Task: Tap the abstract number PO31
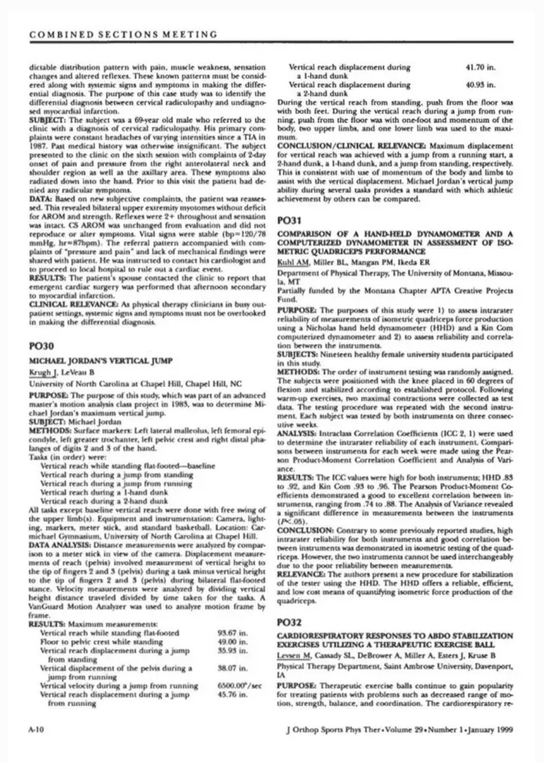(288, 221)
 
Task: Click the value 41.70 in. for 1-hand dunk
(480, 67)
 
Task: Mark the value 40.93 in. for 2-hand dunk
(480, 85)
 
